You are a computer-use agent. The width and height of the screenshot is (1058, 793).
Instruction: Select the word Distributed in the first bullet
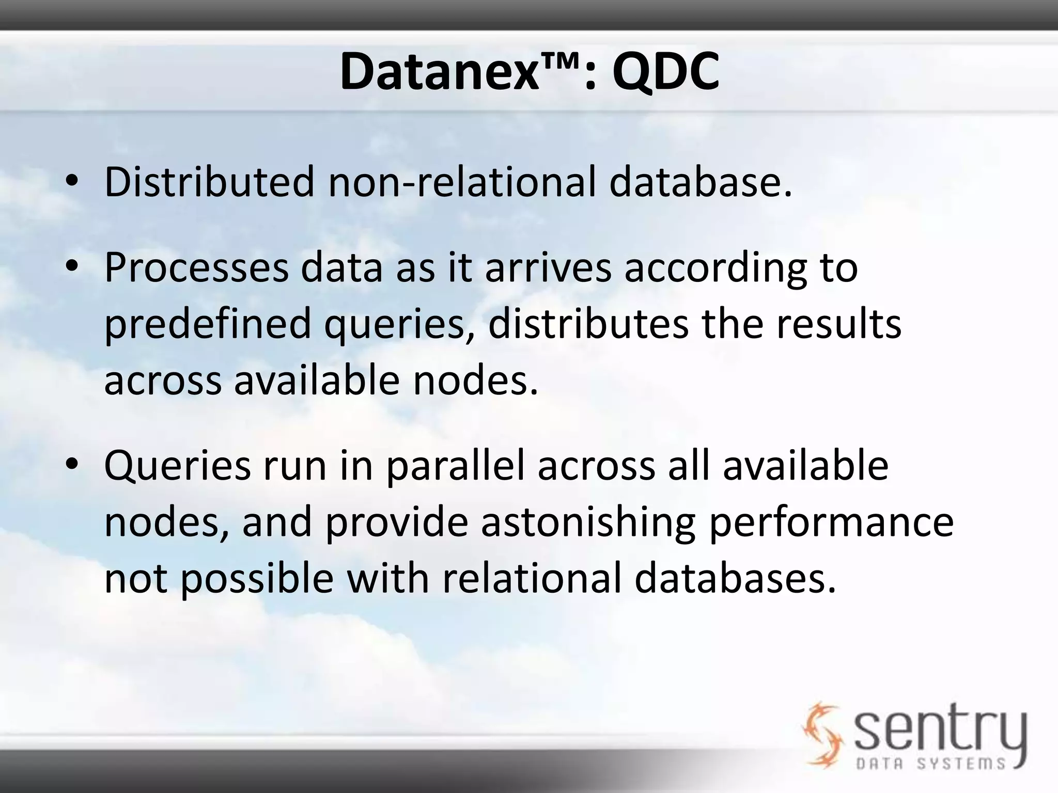(209, 182)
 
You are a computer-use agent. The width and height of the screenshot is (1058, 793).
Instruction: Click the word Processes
(196, 268)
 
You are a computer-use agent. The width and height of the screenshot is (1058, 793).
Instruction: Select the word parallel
(455, 466)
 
